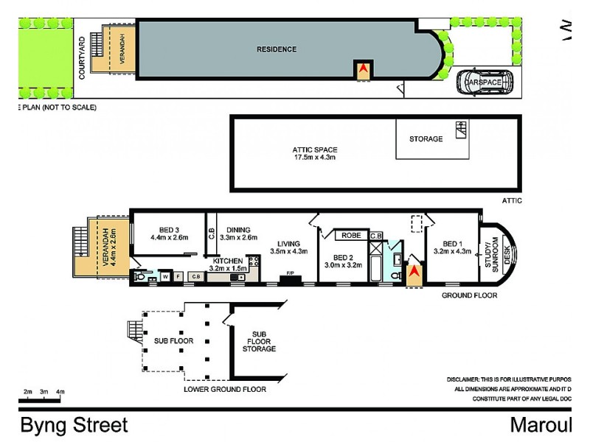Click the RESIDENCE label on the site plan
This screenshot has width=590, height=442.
point(277,50)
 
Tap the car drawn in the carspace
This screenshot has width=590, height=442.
point(483,83)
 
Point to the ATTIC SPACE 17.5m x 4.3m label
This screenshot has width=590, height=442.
point(315,153)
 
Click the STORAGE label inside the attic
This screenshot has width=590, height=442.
point(426,138)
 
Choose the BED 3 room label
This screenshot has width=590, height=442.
point(170,233)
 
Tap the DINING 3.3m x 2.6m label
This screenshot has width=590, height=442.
point(238,233)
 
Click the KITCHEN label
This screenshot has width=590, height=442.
point(227,265)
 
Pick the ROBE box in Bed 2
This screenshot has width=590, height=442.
point(351,236)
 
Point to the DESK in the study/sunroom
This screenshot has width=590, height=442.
point(507,254)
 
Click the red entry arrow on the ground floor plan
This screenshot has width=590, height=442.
point(414,275)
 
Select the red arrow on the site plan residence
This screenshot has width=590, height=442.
point(363,71)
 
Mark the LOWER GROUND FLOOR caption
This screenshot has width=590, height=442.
point(224,388)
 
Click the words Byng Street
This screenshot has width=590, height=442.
point(74,425)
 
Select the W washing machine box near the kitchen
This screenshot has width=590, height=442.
point(165,276)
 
